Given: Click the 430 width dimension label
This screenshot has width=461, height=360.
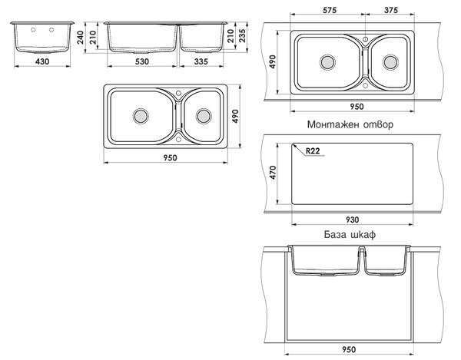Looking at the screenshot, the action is point(42,61).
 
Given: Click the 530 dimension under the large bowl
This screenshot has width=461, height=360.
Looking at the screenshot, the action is point(142,61).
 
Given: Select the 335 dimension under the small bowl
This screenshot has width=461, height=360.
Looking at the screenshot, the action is point(201,61).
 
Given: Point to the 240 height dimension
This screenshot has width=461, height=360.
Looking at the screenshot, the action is point(80,38).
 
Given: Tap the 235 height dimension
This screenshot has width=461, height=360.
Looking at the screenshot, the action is point(242,36).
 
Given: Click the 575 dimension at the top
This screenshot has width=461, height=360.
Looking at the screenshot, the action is point(330,10).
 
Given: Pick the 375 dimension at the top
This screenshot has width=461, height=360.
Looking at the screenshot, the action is point(391,10).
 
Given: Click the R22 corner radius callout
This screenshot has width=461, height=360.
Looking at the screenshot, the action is point(313,151).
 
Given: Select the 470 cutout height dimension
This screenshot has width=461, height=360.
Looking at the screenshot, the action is point(273,173).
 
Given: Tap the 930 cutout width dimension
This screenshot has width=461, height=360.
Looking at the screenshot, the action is point(352,220).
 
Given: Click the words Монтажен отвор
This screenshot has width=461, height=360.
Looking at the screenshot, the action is point(350,124).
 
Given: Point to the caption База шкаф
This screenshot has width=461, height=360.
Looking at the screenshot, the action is point(350,235).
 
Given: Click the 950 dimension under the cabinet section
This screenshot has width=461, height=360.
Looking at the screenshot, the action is point(349,349).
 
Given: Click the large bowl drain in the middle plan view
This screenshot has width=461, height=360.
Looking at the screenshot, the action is point(141,116).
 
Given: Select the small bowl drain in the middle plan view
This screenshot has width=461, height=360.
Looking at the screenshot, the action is point(204,116).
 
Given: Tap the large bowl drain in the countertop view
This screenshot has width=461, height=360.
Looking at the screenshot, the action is point(327,62).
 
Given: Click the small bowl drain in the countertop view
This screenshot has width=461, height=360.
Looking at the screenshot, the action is point(390,62).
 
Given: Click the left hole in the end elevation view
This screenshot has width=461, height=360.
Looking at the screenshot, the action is point(33,30).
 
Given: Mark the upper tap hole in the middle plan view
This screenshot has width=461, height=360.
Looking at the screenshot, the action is point(178,94).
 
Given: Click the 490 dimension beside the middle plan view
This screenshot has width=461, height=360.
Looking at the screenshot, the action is point(235,116).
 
